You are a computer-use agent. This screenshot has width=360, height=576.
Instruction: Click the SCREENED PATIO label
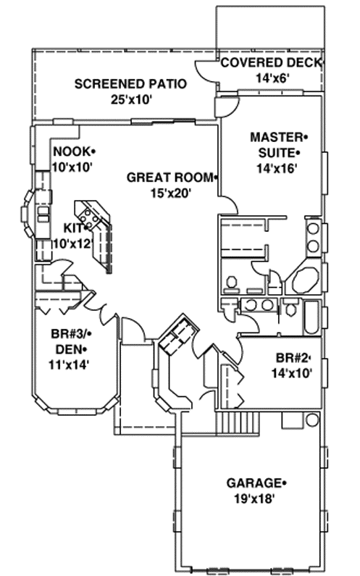click(x=130, y=84)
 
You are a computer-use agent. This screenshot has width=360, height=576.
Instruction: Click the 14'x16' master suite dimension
click(x=274, y=169)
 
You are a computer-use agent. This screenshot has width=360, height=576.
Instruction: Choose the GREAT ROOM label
click(x=171, y=177)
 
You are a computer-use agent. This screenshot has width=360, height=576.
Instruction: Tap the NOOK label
click(x=73, y=151)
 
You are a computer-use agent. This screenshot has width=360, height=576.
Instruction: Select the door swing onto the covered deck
click(x=208, y=71)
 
